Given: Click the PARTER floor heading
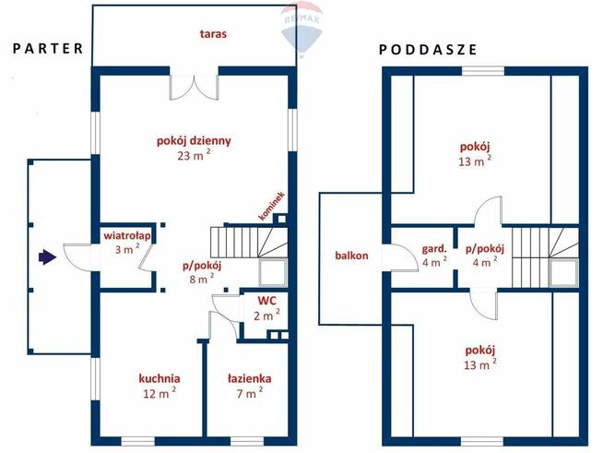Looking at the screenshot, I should (49, 48).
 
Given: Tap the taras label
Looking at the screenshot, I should (213, 34).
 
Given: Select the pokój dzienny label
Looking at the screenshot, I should (193, 141).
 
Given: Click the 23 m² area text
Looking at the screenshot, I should (193, 157).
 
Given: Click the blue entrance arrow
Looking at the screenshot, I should (45, 256).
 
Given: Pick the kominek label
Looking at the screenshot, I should (273, 207).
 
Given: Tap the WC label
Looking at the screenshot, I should (267, 301).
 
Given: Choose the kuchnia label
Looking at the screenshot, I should (159, 378).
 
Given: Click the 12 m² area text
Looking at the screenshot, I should (159, 393).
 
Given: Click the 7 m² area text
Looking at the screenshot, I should (249, 393).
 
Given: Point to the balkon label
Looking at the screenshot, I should (352, 255).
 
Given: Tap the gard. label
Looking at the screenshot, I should (434, 248).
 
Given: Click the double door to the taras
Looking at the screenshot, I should (193, 86).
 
